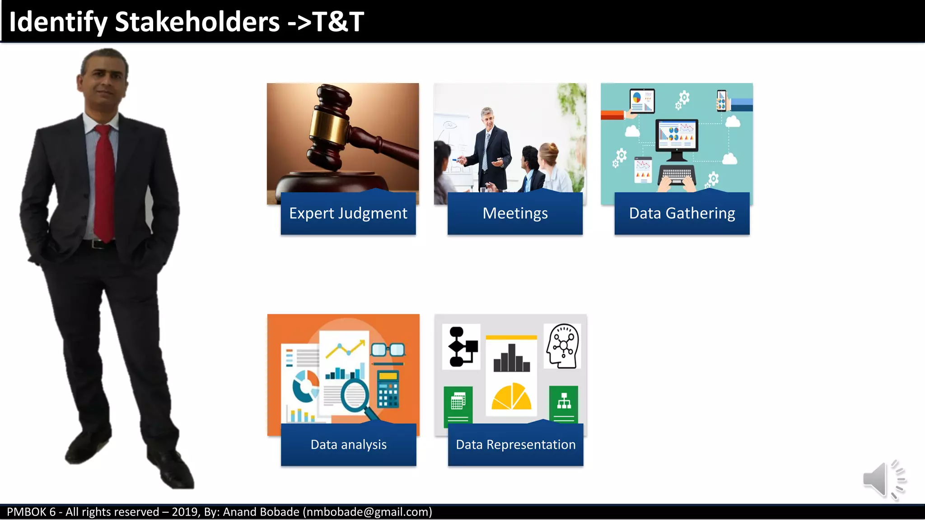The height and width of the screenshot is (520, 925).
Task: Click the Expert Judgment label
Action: [348, 213]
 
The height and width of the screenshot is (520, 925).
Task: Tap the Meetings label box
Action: [515, 213]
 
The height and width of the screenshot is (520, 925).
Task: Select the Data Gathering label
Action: [682, 213]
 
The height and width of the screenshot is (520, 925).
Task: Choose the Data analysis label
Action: [348, 445]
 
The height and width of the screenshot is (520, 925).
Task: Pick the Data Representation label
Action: [515, 445]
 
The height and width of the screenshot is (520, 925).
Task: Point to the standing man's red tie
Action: [104, 181]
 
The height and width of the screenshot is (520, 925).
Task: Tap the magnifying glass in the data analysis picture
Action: [355, 395]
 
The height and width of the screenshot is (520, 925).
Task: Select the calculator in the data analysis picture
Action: [388, 389]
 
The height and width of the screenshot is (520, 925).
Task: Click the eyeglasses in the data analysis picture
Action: [388, 350]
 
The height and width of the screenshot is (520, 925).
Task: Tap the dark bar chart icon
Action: [511, 359]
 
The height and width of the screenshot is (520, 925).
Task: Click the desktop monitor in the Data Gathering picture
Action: [676, 138]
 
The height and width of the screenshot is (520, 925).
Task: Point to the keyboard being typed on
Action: [676, 174]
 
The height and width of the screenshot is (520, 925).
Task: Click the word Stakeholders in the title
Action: [197, 22]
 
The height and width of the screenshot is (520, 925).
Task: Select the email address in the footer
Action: [367, 512]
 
